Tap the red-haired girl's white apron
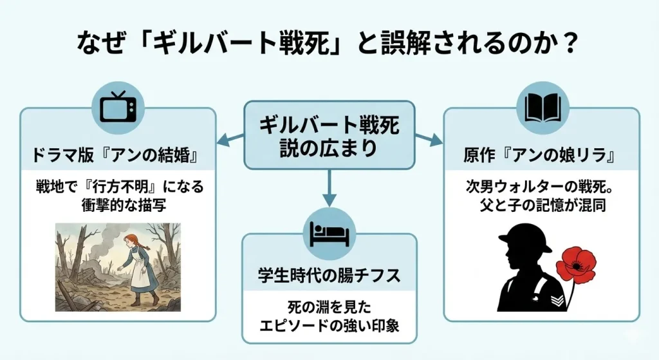click(139, 271)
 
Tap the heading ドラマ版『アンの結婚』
click(118, 156)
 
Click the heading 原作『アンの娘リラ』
click(541, 156)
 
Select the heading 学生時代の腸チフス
click(329, 276)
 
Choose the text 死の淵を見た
click(329, 307)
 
